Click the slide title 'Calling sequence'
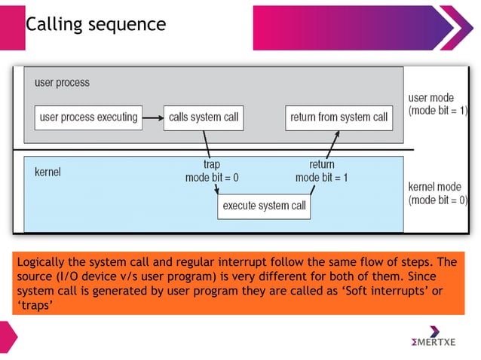(x=96, y=24)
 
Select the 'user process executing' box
(x=88, y=117)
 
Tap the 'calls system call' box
(x=204, y=117)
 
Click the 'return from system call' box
(x=339, y=117)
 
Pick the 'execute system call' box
(x=263, y=206)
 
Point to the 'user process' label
(x=62, y=82)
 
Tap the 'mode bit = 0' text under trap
(x=212, y=177)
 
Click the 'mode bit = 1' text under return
(x=322, y=177)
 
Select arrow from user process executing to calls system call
(x=153, y=117)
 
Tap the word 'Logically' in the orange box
(x=41, y=262)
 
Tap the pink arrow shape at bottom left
(x=8, y=334)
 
